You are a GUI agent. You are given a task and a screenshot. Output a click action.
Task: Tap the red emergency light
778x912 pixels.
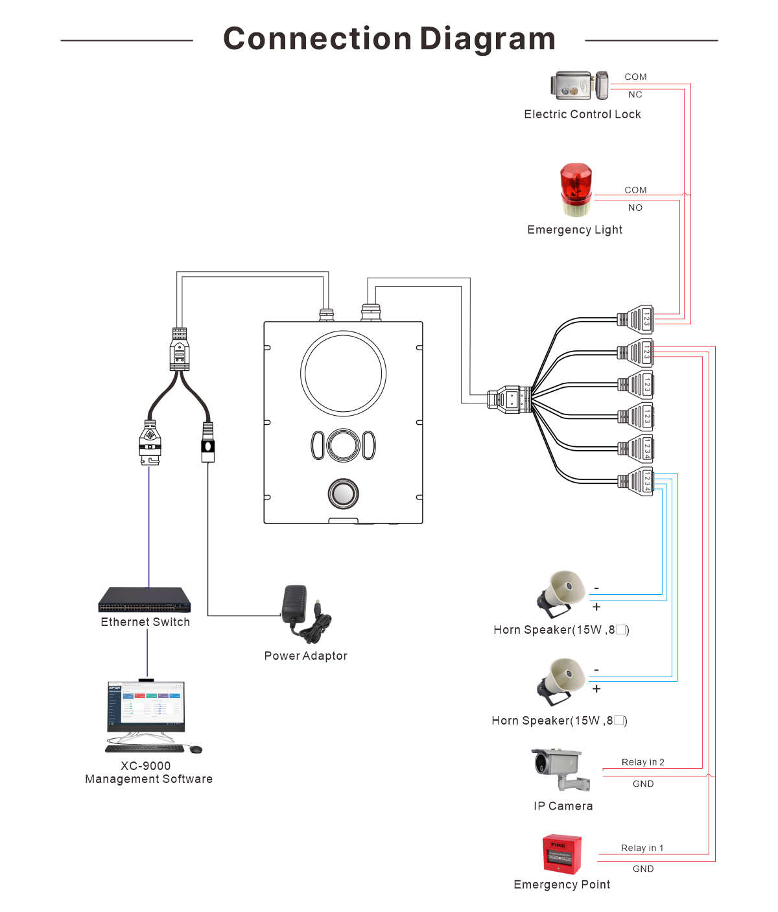pyautogui.click(x=576, y=189)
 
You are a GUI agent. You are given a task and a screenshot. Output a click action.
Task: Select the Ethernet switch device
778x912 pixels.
pyautogui.click(x=145, y=600)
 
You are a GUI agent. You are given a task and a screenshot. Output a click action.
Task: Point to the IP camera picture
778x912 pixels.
pyautogui.click(x=560, y=769)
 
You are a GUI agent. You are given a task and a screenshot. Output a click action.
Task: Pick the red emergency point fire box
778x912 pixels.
pyautogui.click(x=561, y=854)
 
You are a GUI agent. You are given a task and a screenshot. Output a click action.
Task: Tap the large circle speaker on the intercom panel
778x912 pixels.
pyautogui.click(x=344, y=374)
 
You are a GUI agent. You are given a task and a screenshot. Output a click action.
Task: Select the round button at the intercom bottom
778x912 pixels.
pyautogui.click(x=343, y=494)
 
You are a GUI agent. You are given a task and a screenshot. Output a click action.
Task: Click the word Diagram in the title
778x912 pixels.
pyautogui.click(x=488, y=39)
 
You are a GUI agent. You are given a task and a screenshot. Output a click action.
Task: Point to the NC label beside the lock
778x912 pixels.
pyautogui.click(x=635, y=95)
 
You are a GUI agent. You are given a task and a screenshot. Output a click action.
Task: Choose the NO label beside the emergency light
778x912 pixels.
pyautogui.click(x=635, y=208)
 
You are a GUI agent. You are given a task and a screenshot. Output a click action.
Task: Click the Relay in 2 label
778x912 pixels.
pyautogui.click(x=642, y=762)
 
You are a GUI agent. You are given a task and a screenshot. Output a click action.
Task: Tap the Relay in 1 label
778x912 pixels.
pyautogui.click(x=642, y=848)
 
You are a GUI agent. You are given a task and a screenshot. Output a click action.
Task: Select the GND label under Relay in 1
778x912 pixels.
pyautogui.click(x=643, y=869)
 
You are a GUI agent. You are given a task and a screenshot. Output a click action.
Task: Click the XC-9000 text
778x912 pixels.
pyautogui.click(x=146, y=766)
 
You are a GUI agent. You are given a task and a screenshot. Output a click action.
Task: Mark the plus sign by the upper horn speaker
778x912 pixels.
pyautogui.click(x=596, y=607)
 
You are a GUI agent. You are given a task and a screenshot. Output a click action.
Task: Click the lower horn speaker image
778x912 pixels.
pyautogui.click(x=561, y=681)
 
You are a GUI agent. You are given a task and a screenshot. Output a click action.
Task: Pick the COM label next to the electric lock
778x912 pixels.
pyautogui.click(x=635, y=77)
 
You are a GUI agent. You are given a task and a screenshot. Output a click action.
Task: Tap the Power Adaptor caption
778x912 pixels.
pyautogui.click(x=305, y=656)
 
